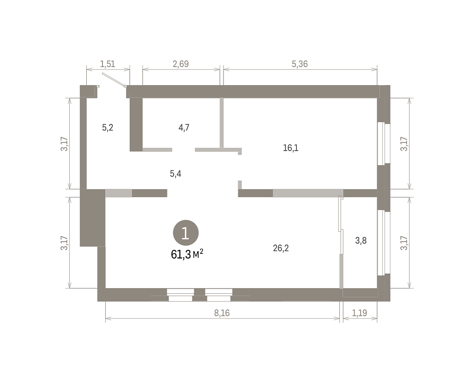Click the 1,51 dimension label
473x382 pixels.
[108, 64]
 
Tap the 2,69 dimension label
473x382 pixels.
[181, 64]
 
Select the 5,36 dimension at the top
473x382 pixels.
[300, 64]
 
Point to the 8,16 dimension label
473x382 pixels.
[222, 313]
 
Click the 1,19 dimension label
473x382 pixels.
[359, 313]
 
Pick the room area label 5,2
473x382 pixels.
[108, 127]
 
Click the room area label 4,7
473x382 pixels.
[184, 127]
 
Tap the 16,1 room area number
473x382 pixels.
[291, 148]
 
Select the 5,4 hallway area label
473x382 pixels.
[175, 173]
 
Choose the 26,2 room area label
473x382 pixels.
[281, 248]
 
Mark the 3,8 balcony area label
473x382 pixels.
[361, 240]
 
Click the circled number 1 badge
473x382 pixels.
[186, 233]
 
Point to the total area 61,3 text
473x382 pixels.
[181, 255]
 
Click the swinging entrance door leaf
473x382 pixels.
[114, 79]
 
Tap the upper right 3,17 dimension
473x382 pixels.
[404, 144]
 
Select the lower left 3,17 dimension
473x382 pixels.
[64, 243]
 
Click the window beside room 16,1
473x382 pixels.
[384, 144]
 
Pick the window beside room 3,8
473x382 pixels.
[384, 242]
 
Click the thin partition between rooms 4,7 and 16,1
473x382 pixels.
[222, 123]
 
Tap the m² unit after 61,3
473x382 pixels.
[198, 253]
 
